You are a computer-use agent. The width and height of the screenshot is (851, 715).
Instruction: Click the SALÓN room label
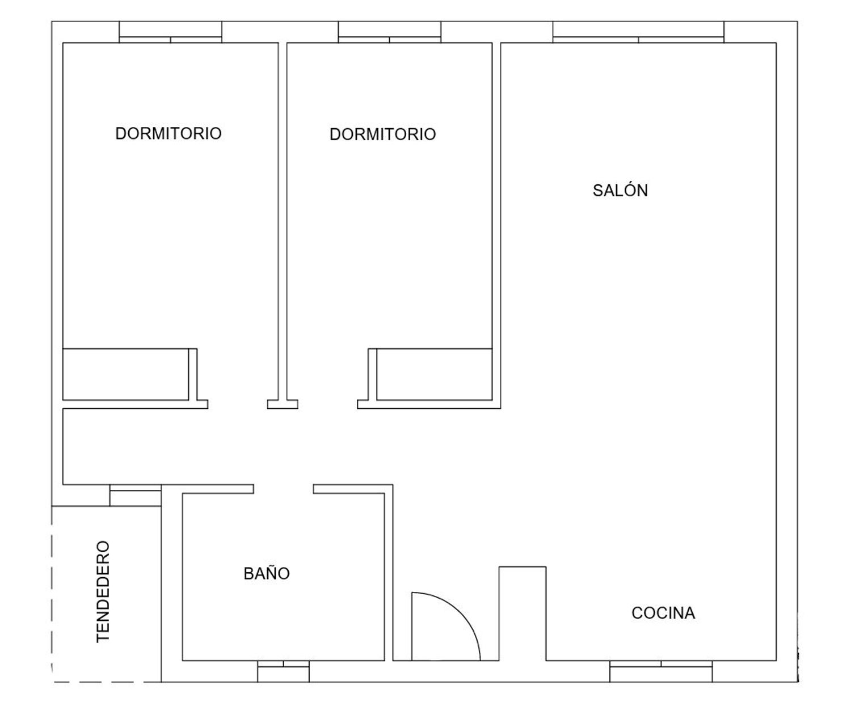620,191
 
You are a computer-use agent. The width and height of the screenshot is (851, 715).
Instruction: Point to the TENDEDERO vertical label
103,591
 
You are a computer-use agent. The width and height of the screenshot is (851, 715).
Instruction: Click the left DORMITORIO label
168,133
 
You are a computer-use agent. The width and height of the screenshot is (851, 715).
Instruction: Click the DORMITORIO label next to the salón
383,134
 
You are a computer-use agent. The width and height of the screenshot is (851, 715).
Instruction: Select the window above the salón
638,32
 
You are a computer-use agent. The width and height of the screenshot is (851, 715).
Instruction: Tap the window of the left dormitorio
170,32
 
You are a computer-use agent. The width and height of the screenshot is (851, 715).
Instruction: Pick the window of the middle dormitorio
390,32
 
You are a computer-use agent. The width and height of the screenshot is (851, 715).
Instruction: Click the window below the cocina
661,671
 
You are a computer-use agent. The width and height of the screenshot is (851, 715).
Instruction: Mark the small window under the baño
283,671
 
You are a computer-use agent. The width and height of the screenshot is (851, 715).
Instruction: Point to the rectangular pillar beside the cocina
523,614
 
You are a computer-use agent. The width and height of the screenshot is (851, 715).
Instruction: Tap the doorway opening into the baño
284,489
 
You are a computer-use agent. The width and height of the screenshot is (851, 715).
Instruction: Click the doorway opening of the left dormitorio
238,404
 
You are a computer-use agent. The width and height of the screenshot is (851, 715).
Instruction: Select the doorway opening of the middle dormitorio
328,404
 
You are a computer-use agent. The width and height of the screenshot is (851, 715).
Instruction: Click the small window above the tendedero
136,496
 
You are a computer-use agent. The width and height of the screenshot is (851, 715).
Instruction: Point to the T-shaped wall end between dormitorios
283,404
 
